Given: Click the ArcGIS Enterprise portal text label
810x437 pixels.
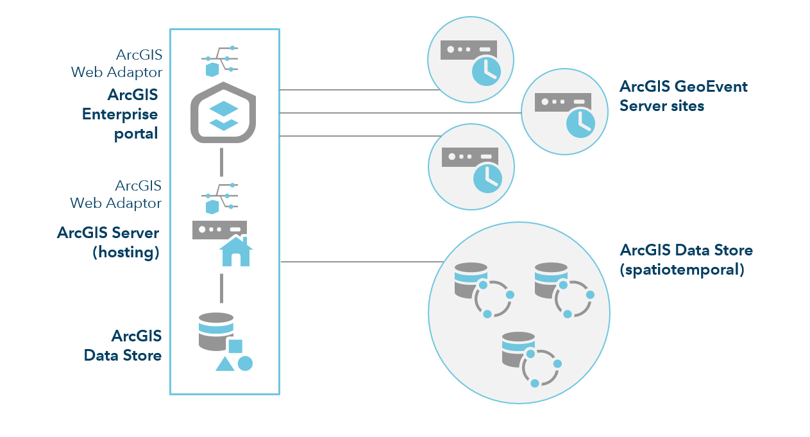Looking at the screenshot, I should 121,114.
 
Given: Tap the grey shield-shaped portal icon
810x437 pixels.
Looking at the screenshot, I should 224,113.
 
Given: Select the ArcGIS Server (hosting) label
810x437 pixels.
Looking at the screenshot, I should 108,242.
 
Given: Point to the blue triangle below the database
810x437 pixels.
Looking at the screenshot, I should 224,364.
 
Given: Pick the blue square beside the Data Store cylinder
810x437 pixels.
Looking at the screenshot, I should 235,347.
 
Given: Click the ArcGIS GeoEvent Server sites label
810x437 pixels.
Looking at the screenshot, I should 684,96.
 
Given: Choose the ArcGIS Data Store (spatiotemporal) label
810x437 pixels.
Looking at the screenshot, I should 686,259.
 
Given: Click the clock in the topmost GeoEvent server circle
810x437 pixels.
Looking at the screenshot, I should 487,71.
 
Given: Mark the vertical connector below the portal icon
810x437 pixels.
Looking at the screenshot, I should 221,162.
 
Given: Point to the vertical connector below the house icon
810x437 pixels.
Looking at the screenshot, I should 221,288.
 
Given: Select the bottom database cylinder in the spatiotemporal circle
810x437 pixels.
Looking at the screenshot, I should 518,350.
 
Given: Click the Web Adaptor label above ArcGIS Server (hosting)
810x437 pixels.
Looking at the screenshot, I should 116,194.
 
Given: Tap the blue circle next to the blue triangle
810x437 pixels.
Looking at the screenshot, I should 245,363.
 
